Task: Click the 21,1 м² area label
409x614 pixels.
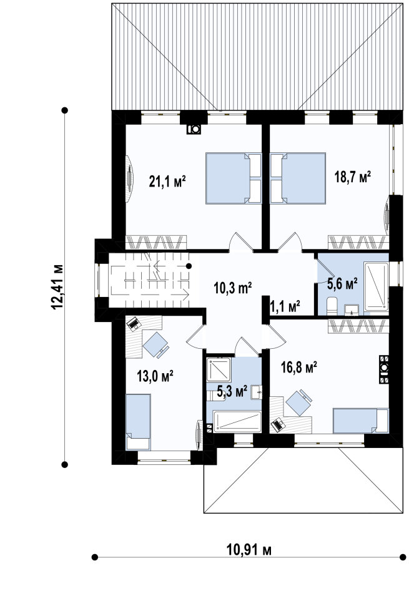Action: click(167, 182)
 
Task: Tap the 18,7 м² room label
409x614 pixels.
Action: click(353, 177)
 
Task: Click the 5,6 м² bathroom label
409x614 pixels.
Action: click(342, 284)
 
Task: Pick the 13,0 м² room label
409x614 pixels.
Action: click(155, 376)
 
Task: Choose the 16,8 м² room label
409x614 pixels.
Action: click(299, 368)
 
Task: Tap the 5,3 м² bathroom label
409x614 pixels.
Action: click(232, 391)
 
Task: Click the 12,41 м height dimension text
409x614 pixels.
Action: click(57, 287)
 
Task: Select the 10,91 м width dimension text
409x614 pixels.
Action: click(249, 550)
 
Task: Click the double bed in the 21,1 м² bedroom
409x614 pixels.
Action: click(234, 178)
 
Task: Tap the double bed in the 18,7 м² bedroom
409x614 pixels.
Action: click(298, 178)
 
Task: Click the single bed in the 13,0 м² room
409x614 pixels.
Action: click(138, 422)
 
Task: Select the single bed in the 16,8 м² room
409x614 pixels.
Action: click(360, 421)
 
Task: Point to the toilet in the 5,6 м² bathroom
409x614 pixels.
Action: click(332, 306)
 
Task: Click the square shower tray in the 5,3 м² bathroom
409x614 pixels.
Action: click(219, 369)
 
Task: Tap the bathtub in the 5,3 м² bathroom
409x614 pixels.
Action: click(237, 421)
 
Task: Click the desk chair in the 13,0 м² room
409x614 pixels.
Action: click(156, 345)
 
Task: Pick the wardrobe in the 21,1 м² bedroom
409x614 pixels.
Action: click(156, 242)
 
